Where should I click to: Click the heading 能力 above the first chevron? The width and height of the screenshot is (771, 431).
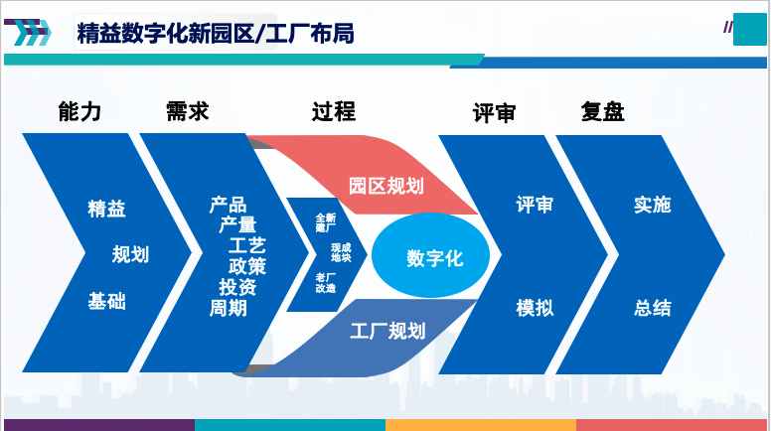(x=79, y=111)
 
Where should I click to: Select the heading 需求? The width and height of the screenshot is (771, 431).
(x=188, y=111)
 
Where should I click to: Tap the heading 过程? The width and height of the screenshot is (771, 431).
(x=334, y=111)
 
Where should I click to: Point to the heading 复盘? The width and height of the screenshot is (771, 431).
(x=602, y=111)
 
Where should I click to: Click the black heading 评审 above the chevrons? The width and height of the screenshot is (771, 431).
(x=494, y=113)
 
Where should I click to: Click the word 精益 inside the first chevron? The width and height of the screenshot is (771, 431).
(x=106, y=209)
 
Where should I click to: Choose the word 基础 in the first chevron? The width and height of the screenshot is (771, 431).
(x=106, y=301)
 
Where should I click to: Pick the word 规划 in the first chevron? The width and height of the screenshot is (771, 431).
(x=130, y=254)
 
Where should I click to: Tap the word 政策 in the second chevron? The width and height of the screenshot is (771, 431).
(x=247, y=266)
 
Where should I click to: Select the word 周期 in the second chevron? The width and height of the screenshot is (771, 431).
(x=229, y=308)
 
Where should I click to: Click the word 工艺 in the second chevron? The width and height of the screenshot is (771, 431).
(x=247, y=245)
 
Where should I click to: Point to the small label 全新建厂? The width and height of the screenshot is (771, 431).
(x=326, y=222)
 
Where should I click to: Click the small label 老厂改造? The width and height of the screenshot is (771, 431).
(x=326, y=283)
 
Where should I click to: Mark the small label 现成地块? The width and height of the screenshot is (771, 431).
(x=341, y=252)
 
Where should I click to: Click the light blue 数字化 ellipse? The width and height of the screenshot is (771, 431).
(x=431, y=255)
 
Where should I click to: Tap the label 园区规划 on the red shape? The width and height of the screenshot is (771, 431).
(x=385, y=187)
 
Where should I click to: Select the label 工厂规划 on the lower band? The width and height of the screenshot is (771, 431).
(x=387, y=331)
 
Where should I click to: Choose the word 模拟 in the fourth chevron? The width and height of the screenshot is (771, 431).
(x=535, y=308)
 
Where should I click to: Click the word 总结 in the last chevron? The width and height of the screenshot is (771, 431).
(x=653, y=308)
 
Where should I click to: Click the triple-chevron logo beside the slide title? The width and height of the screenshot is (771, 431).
(x=28, y=33)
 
